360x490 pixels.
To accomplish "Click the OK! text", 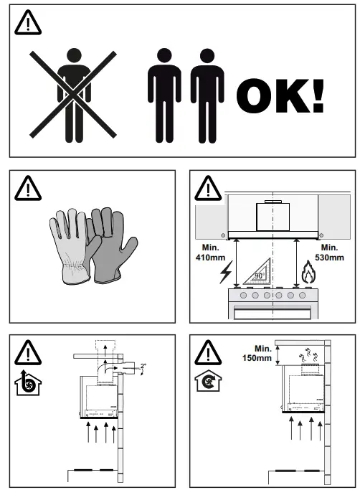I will click(280, 95).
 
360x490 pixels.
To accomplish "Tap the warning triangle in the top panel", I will click(29, 24).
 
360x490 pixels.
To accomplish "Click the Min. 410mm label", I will click(208, 253).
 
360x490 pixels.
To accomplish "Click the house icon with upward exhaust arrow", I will click(27, 385).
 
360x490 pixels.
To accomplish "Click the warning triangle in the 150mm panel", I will click(208, 352).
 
